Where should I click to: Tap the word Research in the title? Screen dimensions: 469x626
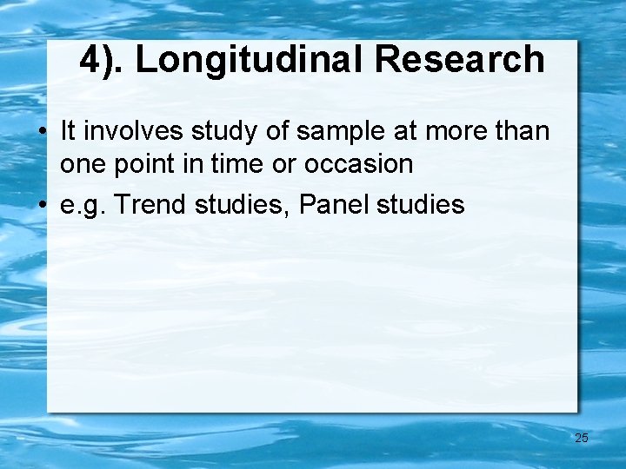coord(460,60)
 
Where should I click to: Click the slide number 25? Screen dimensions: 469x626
coord(582,438)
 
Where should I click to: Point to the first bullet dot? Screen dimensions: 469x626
coord(42,133)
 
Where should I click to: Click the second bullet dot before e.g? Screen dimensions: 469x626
coord(42,207)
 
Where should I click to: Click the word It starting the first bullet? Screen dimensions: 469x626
coord(69,132)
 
